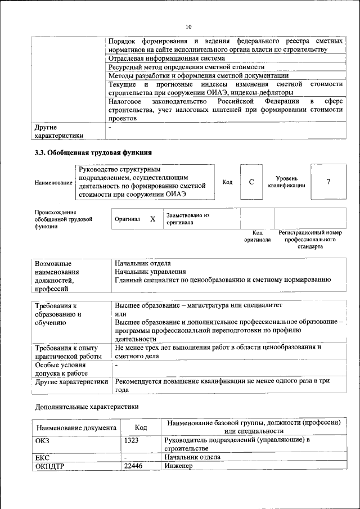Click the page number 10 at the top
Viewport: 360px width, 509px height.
[188, 26]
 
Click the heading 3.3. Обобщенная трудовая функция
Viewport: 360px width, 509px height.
[93, 152]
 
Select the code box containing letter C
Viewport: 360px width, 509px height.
[251, 182]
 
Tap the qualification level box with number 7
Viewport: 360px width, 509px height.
[328, 182]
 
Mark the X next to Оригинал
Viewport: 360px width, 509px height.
[152, 219]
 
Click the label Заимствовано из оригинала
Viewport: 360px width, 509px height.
[187, 219]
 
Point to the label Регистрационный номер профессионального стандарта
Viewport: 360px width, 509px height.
[310, 239]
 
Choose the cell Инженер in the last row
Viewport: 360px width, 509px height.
[178, 466]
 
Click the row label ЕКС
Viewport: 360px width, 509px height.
[43, 458]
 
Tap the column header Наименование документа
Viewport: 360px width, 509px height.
[76, 428]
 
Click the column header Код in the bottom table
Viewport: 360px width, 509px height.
[141, 428]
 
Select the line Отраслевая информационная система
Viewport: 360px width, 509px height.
[167, 58]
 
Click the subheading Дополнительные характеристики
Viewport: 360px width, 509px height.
[87, 406]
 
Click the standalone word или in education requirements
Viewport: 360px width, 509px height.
[120, 314]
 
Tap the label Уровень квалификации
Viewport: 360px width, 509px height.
[286, 182]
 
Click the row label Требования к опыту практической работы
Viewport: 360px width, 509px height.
[66, 352]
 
